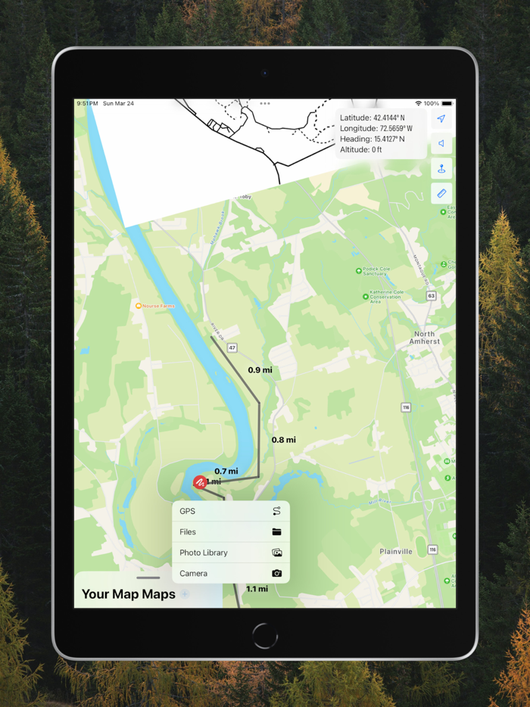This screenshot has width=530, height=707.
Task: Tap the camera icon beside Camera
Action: pos(276,573)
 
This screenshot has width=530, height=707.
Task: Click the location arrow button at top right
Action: pos(441,119)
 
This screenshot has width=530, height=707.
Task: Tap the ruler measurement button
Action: pos(441,193)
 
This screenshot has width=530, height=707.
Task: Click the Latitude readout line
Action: pos(372,118)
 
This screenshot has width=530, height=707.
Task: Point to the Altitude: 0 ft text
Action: pos(361,150)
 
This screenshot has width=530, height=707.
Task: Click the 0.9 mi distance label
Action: pos(260,370)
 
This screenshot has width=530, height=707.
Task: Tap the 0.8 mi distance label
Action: pos(283,440)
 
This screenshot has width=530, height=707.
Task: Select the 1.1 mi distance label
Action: pos(257,589)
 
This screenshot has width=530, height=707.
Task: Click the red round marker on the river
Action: pos(200,481)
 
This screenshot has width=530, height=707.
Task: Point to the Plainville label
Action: pos(396,552)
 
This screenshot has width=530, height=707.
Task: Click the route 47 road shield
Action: pos(232,347)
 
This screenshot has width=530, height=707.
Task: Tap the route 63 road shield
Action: pos(431,295)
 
